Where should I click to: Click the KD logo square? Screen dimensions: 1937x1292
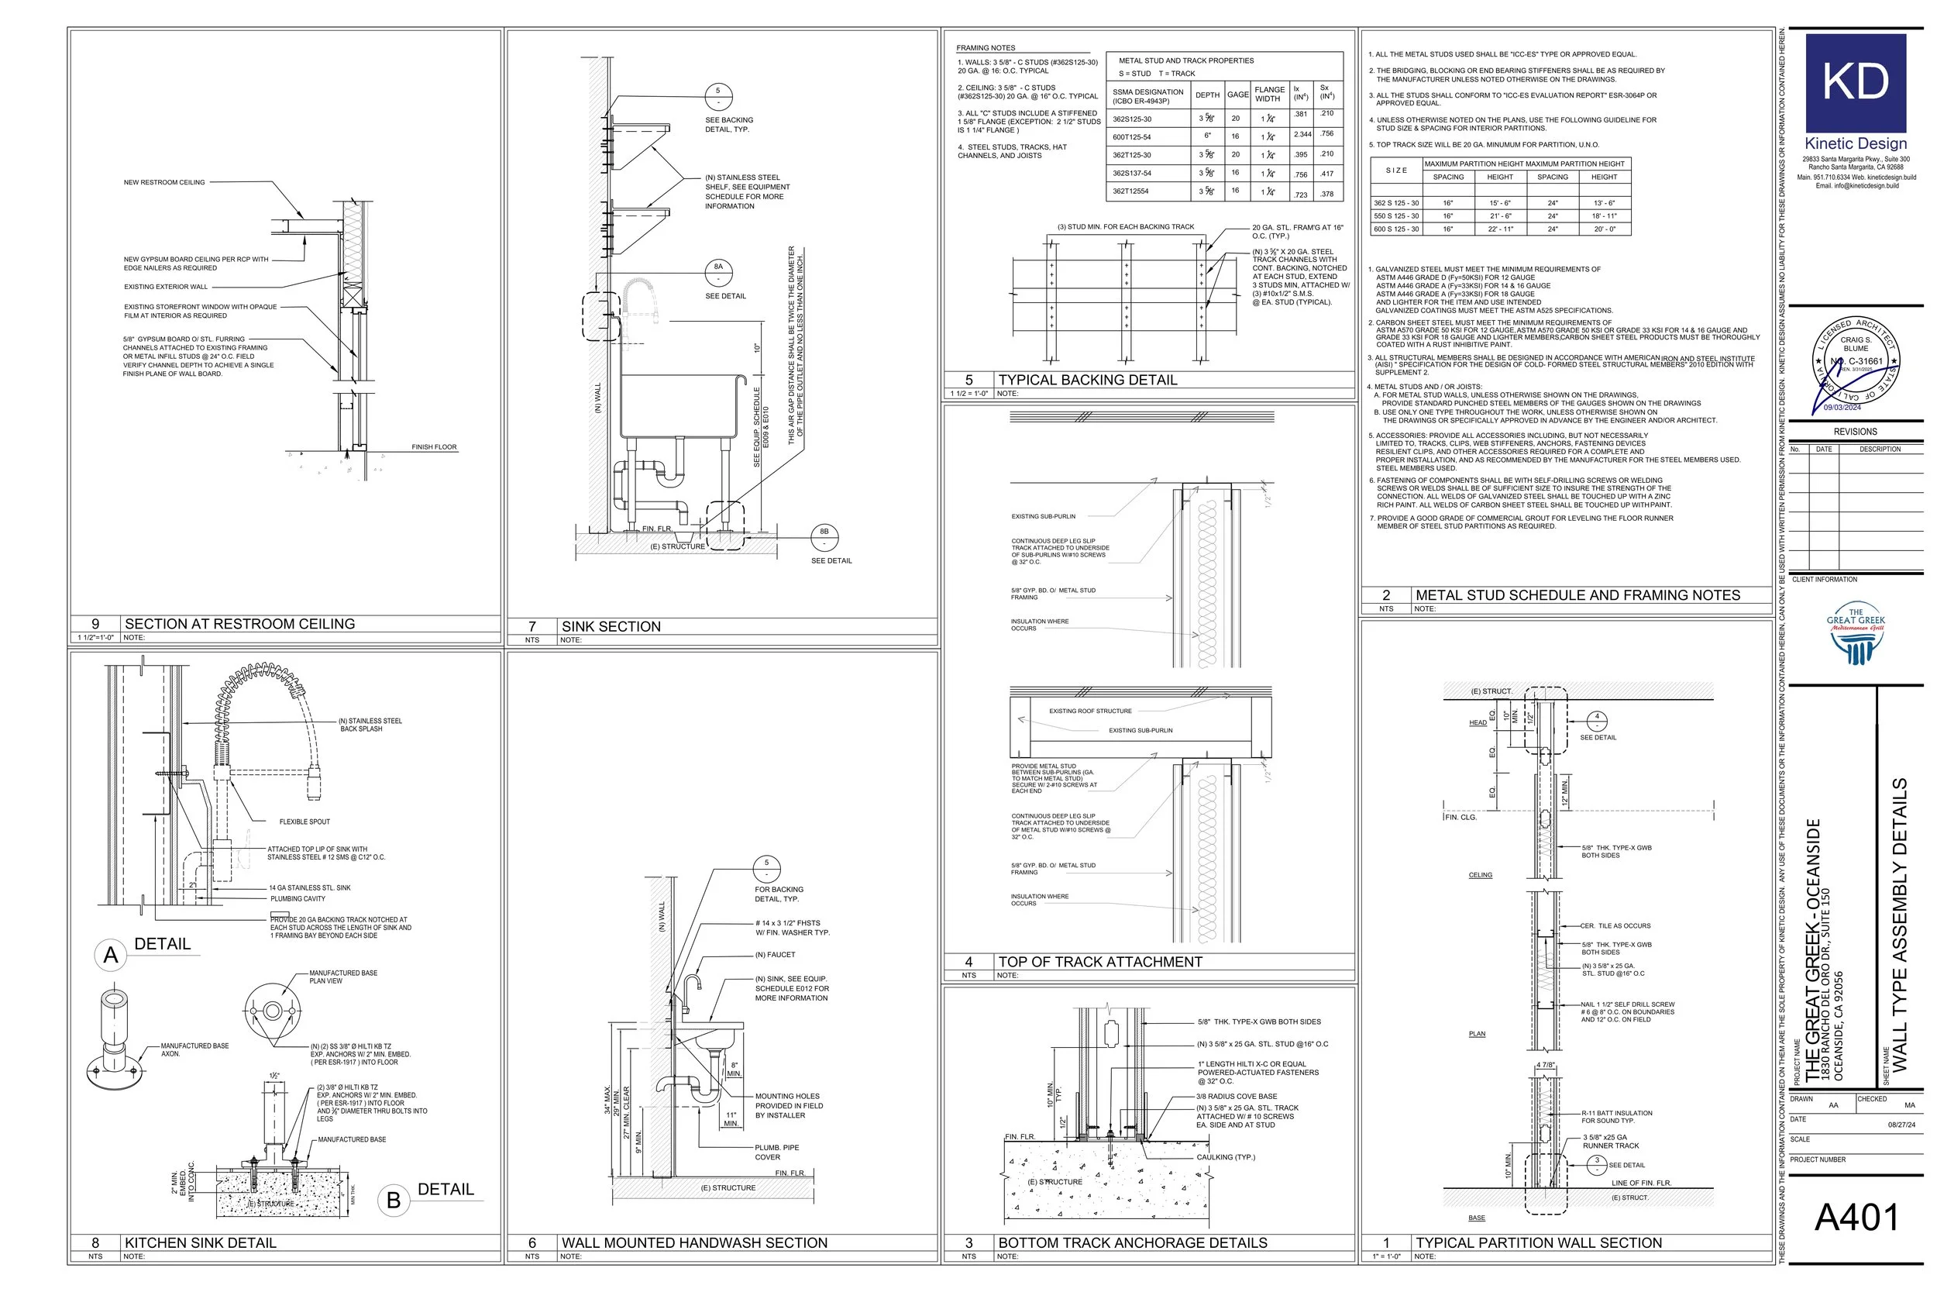click(1856, 82)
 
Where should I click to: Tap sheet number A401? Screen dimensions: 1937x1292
click(1856, 1217)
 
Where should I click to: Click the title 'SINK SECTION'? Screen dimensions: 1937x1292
click(611, 626)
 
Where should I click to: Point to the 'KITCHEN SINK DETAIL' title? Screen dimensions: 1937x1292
click(200, 1242)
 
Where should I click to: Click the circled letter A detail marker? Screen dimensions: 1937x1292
click(110, 955)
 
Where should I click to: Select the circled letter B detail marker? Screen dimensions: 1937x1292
click(394, 1200)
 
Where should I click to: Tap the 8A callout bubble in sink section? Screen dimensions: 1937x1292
click(718, 272)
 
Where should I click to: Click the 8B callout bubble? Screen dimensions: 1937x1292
click(824, 537)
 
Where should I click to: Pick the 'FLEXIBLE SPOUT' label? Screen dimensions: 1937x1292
click(304, 822)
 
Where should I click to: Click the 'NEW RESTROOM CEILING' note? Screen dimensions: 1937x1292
click(164, 182)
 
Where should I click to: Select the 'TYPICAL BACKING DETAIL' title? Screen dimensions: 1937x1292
click(1087, 380)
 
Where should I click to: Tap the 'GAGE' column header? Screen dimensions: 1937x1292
click(1238, 95)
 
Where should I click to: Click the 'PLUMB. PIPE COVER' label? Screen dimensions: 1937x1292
click(776, 1152)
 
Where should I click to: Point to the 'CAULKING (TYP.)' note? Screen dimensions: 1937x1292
click(1226, 1157)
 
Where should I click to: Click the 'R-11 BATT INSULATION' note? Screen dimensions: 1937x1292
click(1617, 1113)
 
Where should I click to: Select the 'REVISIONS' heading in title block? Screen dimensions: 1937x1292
click(1856, 432)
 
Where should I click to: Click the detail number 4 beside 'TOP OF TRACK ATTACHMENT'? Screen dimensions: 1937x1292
click(968, 962)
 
